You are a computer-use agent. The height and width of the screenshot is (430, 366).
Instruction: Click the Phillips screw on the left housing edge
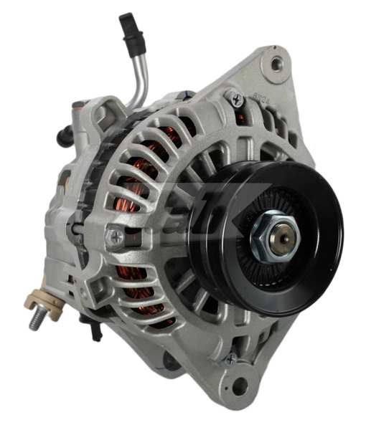click(115, 235)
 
